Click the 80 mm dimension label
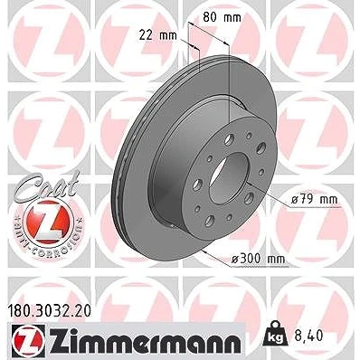point(222,17)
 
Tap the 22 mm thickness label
point(157,35)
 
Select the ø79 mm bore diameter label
point(315,199)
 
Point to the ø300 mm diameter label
point(258,259)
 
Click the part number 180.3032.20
point(48,311)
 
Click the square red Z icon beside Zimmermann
point(29,340)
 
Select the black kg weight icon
point(276,334)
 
